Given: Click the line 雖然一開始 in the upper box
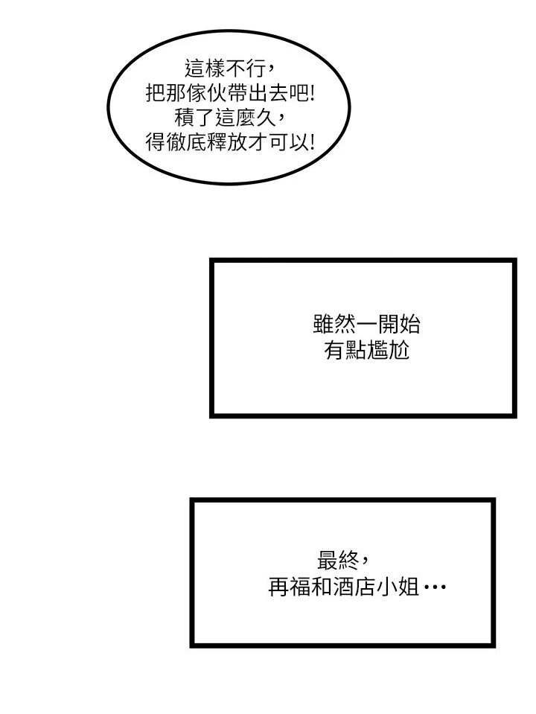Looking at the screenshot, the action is click(x=366, y=325).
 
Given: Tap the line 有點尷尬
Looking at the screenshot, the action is click(x=366, y=351).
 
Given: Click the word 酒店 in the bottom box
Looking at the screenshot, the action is click(x=355, y=587).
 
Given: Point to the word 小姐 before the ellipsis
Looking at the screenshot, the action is click(x=398, y=587).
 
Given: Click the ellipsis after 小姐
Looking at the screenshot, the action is click(x=435, y=587).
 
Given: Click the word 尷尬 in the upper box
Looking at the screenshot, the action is click(x=388, y=351).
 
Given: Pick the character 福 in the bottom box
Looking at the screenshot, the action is click(x=301, y=587).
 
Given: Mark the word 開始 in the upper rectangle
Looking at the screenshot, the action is click(x=398, y=325).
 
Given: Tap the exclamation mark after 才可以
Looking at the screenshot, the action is click(x=311, y=142).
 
